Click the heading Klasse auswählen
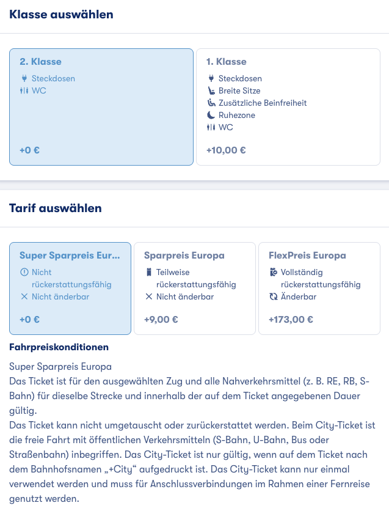(x=61, y=15)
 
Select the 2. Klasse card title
(x=40, y=62)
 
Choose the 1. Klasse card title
(x=227, y=62)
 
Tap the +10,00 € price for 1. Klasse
(x=226, y=150)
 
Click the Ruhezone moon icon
(x=211, y=115)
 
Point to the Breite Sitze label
(x=239, y=90)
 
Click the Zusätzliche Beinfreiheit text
(x=263, y=103)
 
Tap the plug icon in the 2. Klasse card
(x=24, y=78)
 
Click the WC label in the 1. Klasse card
(x=226, y=127)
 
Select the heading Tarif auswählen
(x=56, y=208)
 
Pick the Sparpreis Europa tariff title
(x=184, y=256)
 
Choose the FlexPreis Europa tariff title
(x=307, y=256)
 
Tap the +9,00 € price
(x=161, y=319)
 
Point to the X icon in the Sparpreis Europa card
(x=148, y=296)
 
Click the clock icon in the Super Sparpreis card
(x=24, y=272)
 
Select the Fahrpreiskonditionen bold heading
(x=59, y=347)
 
